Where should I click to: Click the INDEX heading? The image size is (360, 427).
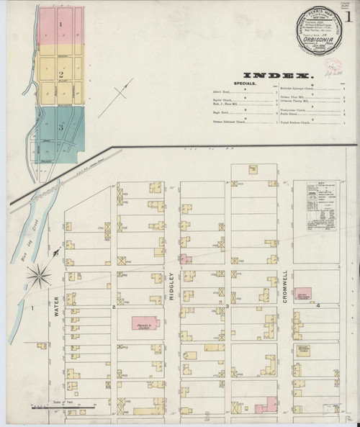point(276,74)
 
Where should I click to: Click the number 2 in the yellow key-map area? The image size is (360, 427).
point(62,74)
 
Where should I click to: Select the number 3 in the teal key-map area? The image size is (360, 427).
point(62,127)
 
